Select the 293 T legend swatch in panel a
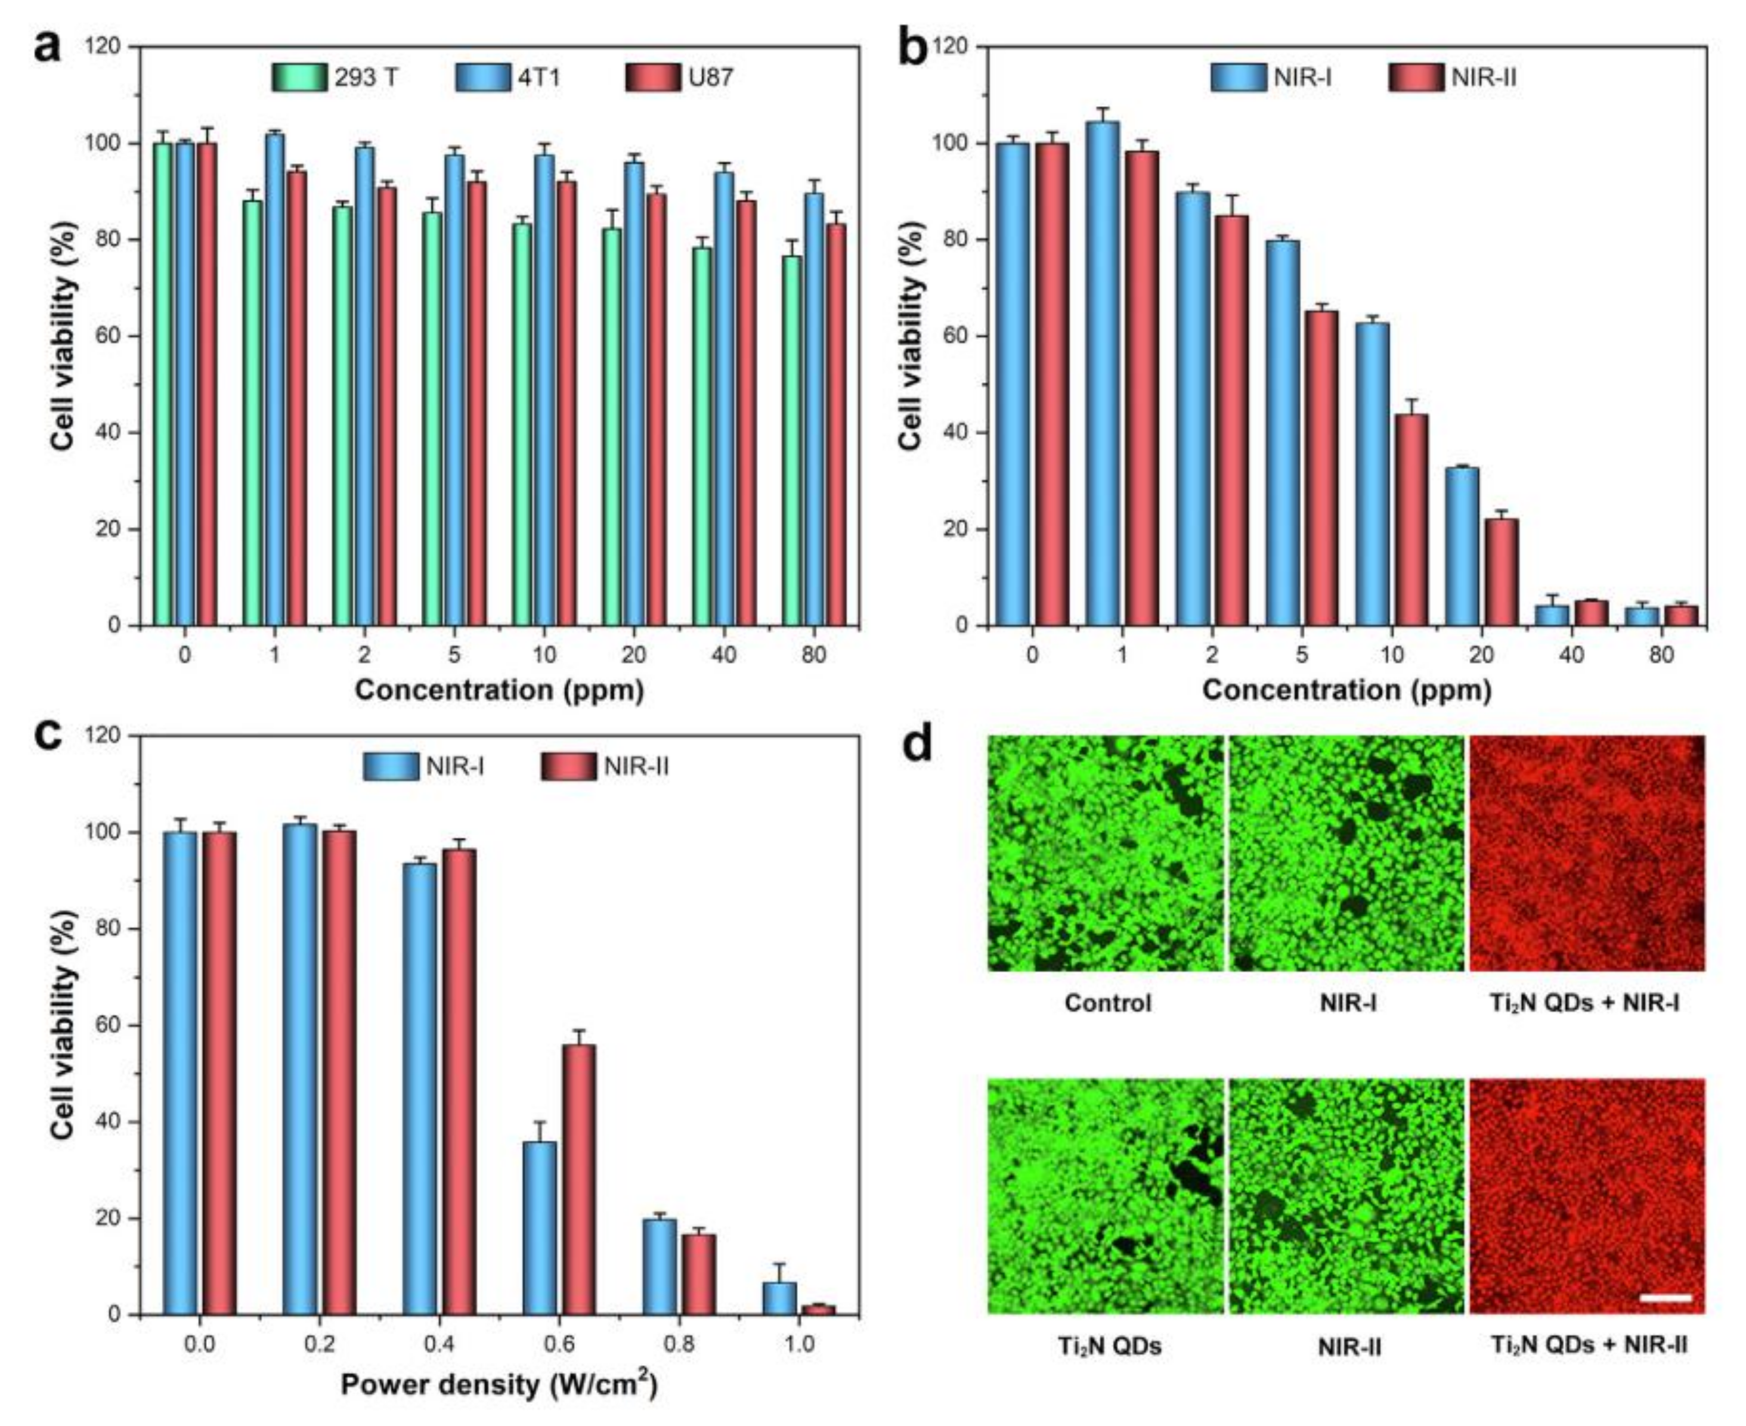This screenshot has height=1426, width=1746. click(301, 77)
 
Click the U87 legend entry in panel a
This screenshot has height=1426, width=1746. click(711, 77)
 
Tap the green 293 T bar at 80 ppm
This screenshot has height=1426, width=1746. click(792, 439)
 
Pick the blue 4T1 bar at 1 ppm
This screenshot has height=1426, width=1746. click(275, 379)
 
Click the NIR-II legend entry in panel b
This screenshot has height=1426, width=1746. click(1483, 77)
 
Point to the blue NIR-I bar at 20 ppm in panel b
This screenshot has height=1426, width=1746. click(1461, 546)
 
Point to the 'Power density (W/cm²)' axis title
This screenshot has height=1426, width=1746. click(499, 1385)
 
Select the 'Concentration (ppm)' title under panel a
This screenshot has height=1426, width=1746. click(499, 690)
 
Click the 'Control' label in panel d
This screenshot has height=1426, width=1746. click(1107, 1003)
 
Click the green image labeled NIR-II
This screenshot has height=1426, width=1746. click(1346, 1196)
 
